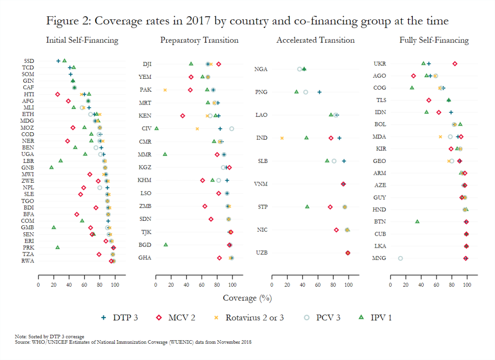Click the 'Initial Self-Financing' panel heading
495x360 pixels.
82,40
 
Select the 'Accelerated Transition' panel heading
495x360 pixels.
315,40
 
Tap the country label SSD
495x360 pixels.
29,61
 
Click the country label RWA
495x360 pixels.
28,261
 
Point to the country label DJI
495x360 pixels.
147,64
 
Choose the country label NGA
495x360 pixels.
261,69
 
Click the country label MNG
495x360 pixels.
379,258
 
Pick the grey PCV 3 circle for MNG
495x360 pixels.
400,258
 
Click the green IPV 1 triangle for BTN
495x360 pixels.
417,221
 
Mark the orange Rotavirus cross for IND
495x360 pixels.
282,138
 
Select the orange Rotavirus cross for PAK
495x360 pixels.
165,90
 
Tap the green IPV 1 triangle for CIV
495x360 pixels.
156,129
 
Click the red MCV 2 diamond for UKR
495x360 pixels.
454,64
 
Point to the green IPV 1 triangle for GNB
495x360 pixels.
51,167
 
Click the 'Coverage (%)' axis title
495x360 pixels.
247,298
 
